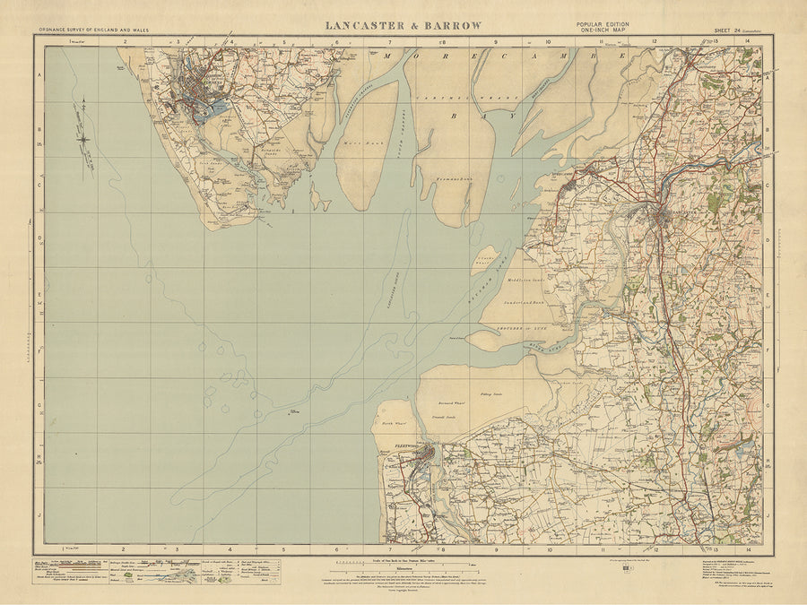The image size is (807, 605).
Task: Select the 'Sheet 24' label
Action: (x=731, y=31)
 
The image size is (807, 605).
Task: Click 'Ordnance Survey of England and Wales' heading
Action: (x=94, y=31)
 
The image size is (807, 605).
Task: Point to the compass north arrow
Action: (x=84, y=139)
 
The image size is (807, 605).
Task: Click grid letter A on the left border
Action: (x=39, y=77)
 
